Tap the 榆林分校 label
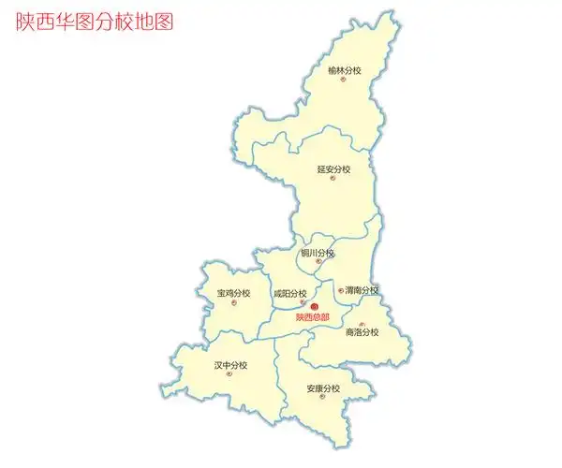[x=345, y=70]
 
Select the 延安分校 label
[x=333, y=169]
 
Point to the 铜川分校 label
[x=318, y=253]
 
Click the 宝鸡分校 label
[x=233, y=294]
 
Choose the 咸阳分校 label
[x=290, y=294]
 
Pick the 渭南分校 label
[x=362, y=290]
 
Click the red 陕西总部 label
[x=313, y=317]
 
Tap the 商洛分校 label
[x=362, y=333]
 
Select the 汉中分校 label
[x=230, y=365]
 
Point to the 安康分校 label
[x=323, y=388]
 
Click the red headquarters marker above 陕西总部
[x=315, y=307]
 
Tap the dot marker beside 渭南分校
[x=340, y=290]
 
